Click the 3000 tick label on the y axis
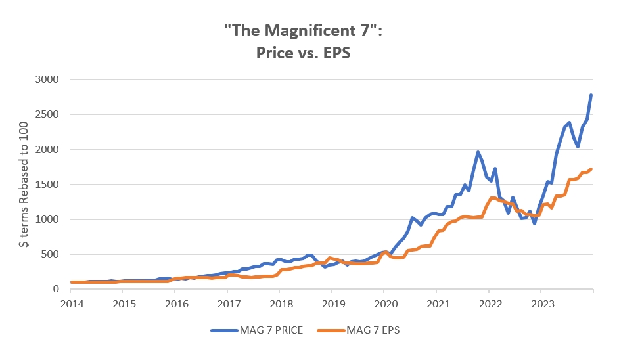pos(47,79)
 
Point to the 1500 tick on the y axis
pos(47,185)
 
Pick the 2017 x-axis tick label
pos(228,305)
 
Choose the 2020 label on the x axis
pos(384,305)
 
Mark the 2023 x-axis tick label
pos(541,305)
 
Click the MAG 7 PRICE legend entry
pos(257,330)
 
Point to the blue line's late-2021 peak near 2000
pos(478,152)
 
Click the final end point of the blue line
pos(591,95)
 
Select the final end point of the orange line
pos(591,169)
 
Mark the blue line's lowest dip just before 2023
pos(534,223)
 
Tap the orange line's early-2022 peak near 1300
pos(492,198)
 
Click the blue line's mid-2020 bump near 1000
pos(412,217)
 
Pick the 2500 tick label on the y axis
pos(47,114)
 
